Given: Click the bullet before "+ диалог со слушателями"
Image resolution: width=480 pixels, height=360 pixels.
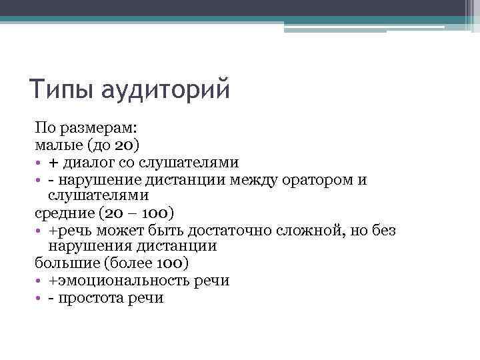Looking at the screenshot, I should pos(39,163).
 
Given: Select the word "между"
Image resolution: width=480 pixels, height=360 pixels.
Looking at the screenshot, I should pos(253,179).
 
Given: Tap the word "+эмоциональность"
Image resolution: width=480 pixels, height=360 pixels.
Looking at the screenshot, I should pos(114,281).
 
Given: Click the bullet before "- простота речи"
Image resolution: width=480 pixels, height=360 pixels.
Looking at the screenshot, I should pos(39,298).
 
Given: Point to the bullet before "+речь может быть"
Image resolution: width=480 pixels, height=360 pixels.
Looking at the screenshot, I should pos(39,231).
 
